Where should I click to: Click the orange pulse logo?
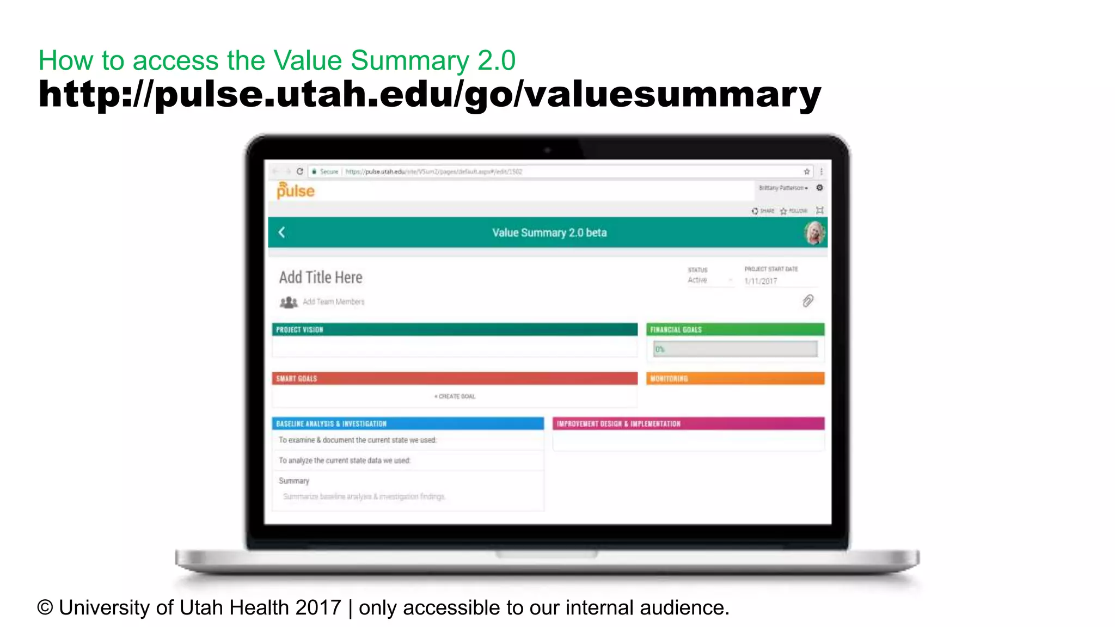point(296,190)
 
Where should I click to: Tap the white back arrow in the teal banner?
point(281,232)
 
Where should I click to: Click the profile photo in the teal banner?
point(814,233)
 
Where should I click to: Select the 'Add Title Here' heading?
point(321,278)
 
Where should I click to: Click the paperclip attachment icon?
point(808,301)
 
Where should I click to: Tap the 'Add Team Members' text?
point(333,302)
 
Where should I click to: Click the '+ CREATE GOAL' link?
point(455,396)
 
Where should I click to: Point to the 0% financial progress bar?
point(735,349)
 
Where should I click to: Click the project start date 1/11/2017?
point(761,281)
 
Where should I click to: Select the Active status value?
point(697,280)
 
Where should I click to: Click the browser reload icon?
point(299,171)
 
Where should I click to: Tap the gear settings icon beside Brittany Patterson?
point(819,188)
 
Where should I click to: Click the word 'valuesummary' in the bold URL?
point(673,95)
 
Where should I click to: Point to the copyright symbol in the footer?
point(45,607)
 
